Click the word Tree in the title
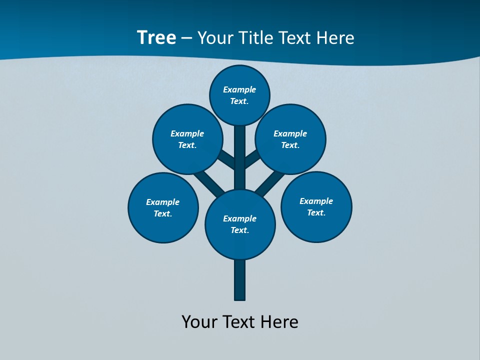pos(156,38)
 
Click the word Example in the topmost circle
pos(239,89)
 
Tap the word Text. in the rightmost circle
pos(316,212)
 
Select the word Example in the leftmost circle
pos(162,202)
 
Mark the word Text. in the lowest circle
pos(239,230)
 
